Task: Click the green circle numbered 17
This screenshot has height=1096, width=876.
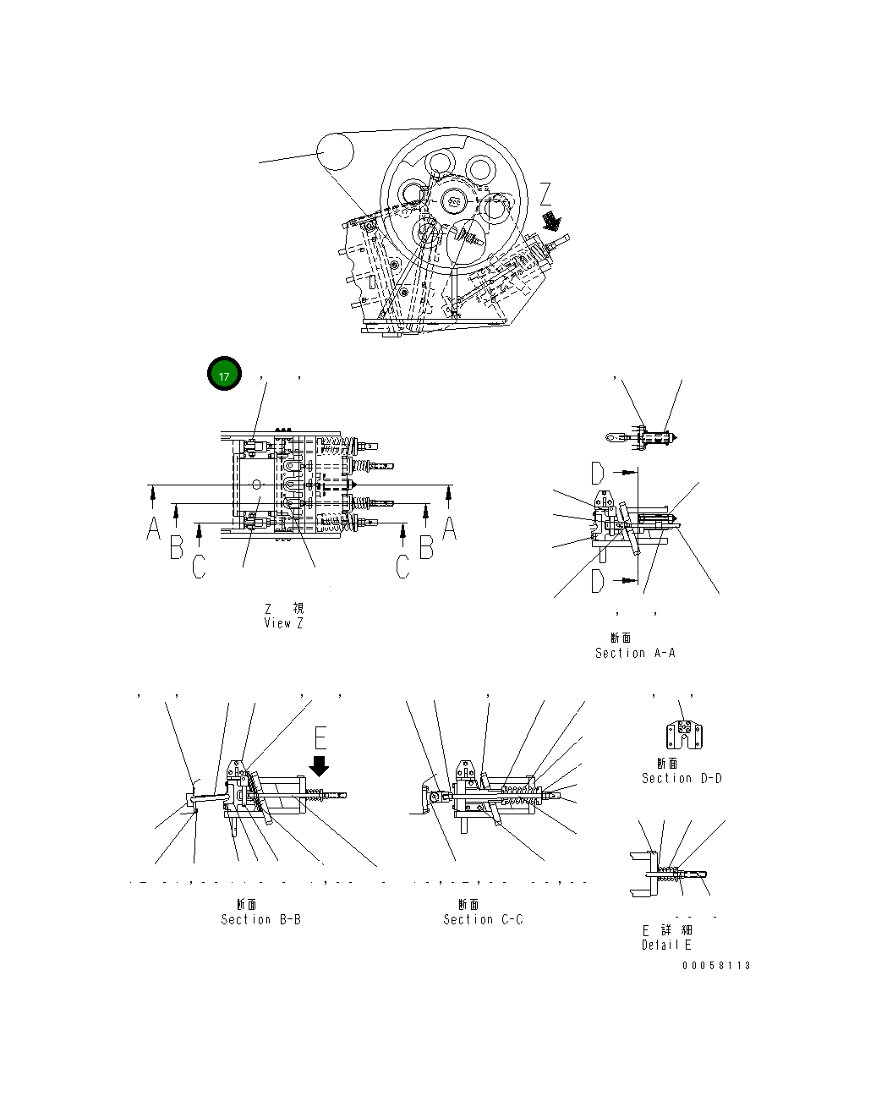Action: pos(225,375)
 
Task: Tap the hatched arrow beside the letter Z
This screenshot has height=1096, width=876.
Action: pos(552,222)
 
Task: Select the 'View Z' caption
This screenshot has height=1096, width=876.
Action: pos(283,622)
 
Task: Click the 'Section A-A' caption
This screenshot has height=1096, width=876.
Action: pos(635,653)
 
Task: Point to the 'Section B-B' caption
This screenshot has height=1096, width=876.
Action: pos(260,919)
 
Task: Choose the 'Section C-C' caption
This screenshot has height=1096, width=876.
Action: pos(483,919)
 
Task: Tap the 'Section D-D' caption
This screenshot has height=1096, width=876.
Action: pos(682,778)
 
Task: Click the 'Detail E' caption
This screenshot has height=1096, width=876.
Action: pos(666,945)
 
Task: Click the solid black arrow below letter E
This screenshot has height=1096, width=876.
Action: pos(320,765)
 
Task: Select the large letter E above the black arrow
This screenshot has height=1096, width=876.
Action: pos(320,738)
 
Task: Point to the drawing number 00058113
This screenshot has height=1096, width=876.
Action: pos(716,966)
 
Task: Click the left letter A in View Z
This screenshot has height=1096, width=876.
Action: pos(153,529)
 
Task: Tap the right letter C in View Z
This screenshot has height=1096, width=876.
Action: pos(403,566)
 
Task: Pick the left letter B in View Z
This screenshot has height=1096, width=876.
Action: pos(176,547)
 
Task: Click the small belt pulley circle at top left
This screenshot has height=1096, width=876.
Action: pos(335,152)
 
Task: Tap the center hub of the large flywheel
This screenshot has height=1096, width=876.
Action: pos(454,201)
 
